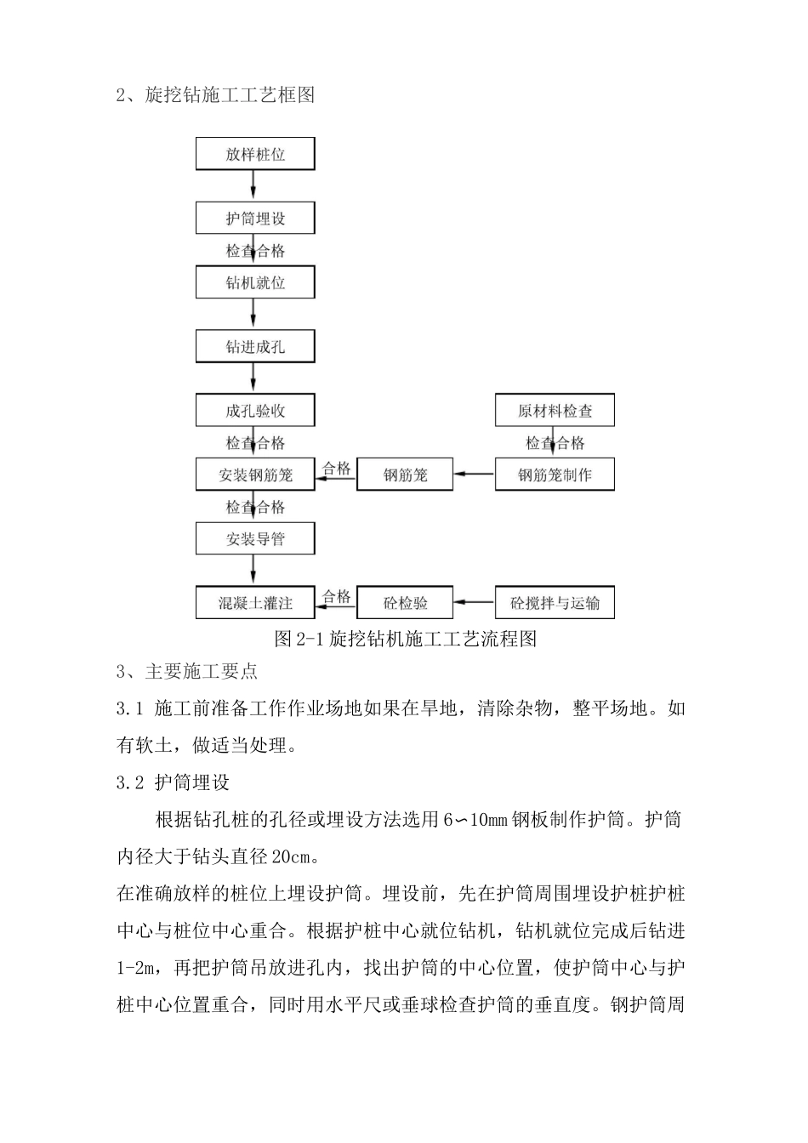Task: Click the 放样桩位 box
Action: [x=255, y=155]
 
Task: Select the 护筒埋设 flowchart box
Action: [x=255, y=219]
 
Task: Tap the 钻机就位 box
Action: [x=255, y=282]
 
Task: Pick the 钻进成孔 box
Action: [x=255, y=347]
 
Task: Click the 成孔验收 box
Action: [x=255, y=411]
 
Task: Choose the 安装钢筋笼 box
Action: [x=255, y=475]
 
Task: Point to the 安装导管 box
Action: [x=255, y=538]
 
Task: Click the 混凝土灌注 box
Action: [x=255, y=603]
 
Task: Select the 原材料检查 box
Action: [x=555, y=411]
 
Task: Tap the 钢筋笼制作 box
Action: [x=555, y=475]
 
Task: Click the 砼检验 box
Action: [x=405, y=603]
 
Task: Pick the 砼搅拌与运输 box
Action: [x=555, y=603]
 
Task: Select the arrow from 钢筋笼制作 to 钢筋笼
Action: [x=474, y=475]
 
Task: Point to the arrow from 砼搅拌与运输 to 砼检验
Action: [x=474, y=603]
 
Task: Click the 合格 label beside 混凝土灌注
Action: [x=337, y=596]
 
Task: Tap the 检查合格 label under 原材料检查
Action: [x=555, y=443]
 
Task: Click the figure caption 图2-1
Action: [x=405, y=638]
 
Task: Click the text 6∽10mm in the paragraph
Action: [x=475, y=820]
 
